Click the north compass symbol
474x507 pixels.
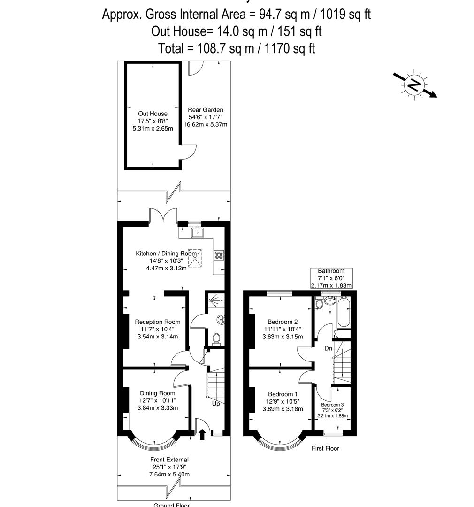(414, 85)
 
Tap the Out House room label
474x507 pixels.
(153, 114)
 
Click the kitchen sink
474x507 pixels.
(197, 232)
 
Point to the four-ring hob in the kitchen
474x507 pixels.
(219, 255)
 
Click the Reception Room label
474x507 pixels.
(157, 322)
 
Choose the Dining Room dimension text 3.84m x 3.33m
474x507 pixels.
(157, 408)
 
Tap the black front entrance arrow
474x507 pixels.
(203, 434)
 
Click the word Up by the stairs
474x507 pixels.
(216, 403)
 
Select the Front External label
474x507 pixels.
(169, 460)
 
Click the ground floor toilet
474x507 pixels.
(216, 338)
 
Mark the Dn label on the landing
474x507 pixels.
(329, 349)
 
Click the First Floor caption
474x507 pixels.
(325, 448)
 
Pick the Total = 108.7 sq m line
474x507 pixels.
(237, 48)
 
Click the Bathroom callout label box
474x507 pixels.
(331, 278)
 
